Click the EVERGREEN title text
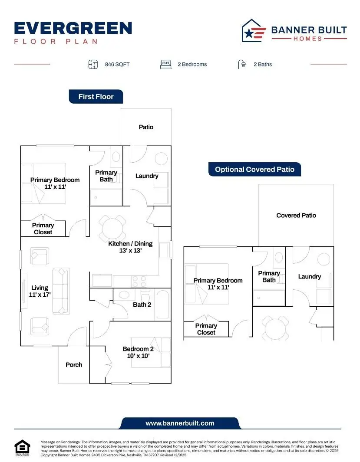coord(73,28)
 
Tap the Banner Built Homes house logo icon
coord(254,31)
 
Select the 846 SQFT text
coord(117,64)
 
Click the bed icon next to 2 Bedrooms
coord(165,64)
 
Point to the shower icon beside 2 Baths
coord(242,64)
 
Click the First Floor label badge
coord(96,97)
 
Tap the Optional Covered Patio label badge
coord(254,170)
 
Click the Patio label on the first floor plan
coord(146,127)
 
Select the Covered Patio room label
coord(296,215)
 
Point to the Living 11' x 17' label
coord(40,291)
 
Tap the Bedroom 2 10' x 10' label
coord(138,352)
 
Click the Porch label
coord(74,365)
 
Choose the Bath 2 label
coord(142,305)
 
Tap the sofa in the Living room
coord(61,291)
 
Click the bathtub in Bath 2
coord(163,304)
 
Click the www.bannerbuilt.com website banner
coord(180,423)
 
